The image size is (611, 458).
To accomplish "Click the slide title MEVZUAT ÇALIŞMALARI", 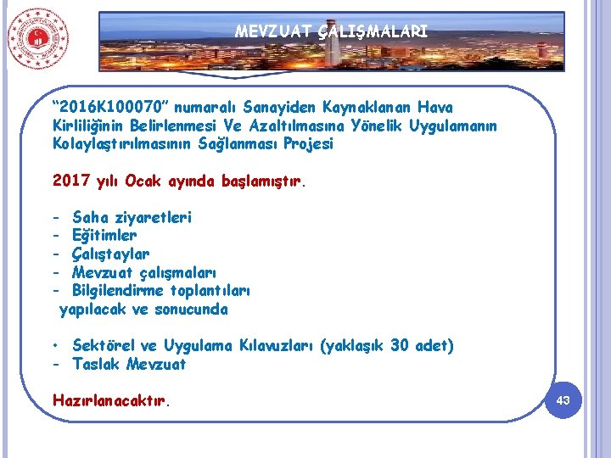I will (x=331, y=32).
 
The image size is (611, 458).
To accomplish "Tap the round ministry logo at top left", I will (x=38, y=38).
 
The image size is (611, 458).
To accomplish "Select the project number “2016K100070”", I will (x=113, y=108).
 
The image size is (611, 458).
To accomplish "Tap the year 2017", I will (x=70, y=181).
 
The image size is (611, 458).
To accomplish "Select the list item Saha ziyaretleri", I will (x=132, y=218).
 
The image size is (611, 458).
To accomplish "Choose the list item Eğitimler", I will (x=104, y=236).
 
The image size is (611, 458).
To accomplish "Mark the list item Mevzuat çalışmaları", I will (x=144, y=272).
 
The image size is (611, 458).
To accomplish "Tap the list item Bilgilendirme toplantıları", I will (x=161, y=291).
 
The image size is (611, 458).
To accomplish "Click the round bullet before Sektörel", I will (x=54, y=346).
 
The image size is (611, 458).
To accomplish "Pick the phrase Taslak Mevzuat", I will (x=129, y=365).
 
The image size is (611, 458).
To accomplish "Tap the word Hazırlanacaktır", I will (x=109, y=400).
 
